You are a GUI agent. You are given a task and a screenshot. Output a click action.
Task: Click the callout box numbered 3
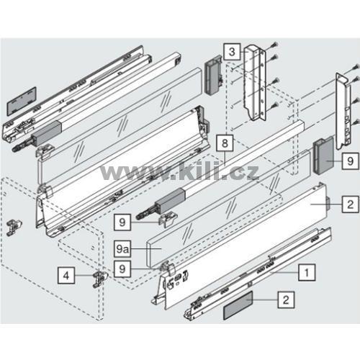(232, 52)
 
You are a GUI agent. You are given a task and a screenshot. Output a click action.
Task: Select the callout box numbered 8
(225, 143)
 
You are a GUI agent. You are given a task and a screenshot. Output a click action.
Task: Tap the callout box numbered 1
(307, 272)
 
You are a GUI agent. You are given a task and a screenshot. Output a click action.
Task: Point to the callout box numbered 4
(66, 276)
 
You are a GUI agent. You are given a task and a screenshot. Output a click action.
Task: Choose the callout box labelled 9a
(122, 248)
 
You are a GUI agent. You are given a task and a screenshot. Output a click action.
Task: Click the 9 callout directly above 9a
(122, 222)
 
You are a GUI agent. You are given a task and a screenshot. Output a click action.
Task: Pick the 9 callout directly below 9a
(122, 269)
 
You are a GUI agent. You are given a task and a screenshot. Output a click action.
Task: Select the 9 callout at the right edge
(351, 161)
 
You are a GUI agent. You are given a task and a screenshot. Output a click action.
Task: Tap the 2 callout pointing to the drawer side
(351, 204)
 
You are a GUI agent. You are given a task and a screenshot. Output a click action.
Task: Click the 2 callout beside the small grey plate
(286, 300)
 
